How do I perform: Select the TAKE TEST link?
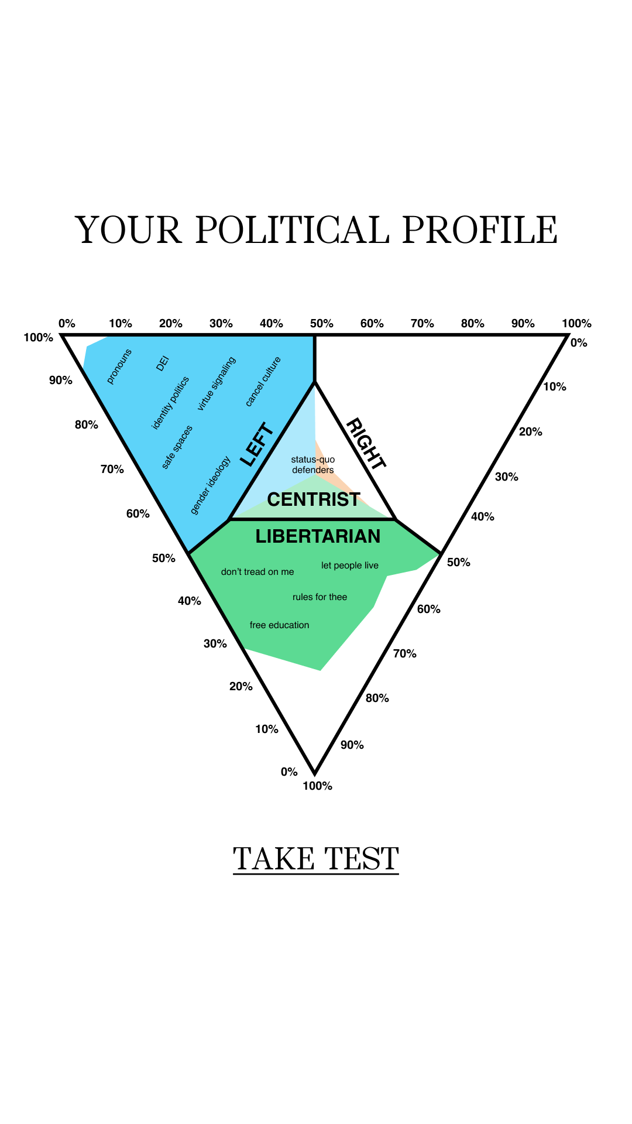(x=316, y=859)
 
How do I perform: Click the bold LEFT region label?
(x=257, y=444)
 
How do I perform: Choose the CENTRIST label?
(x=314, y=499)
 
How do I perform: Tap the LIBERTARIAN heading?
(x=318, y=536)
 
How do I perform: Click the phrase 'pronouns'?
(x=119, y=366)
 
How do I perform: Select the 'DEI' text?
(x=163, y=364)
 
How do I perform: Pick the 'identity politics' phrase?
(x=170, y=403)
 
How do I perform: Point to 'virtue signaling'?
(x=217, y=383)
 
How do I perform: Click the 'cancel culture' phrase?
(x=263, y=381)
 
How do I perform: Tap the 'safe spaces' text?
(x=177, y=447)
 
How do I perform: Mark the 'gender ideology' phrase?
(x=211, y=485)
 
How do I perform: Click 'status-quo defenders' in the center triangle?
(x=313, y=465)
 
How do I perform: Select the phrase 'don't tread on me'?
(x=257, y=572)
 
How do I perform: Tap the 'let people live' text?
(x=350, y=566)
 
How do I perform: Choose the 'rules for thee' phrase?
(x=320, y=597)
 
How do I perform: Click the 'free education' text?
(x=279, y=625)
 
